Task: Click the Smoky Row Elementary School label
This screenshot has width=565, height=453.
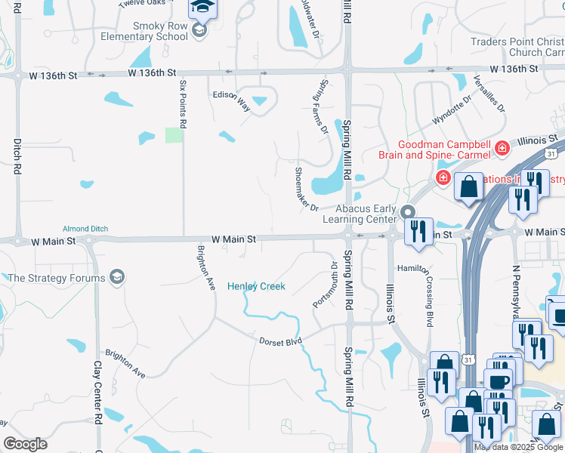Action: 160,31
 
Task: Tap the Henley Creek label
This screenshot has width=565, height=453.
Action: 256,286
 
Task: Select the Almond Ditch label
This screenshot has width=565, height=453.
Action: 85,229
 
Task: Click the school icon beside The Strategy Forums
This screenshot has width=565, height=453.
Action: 117,278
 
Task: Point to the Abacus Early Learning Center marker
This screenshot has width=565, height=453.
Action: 408,212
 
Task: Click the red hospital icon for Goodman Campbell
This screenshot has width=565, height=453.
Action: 502,149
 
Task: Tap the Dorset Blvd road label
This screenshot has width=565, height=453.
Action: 281,342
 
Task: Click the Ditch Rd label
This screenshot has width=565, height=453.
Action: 17,156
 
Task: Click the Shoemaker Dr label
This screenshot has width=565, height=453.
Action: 307,189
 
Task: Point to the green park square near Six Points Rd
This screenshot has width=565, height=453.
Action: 174,135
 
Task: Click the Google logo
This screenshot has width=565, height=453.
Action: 25,444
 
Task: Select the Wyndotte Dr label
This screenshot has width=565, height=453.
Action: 452,110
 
